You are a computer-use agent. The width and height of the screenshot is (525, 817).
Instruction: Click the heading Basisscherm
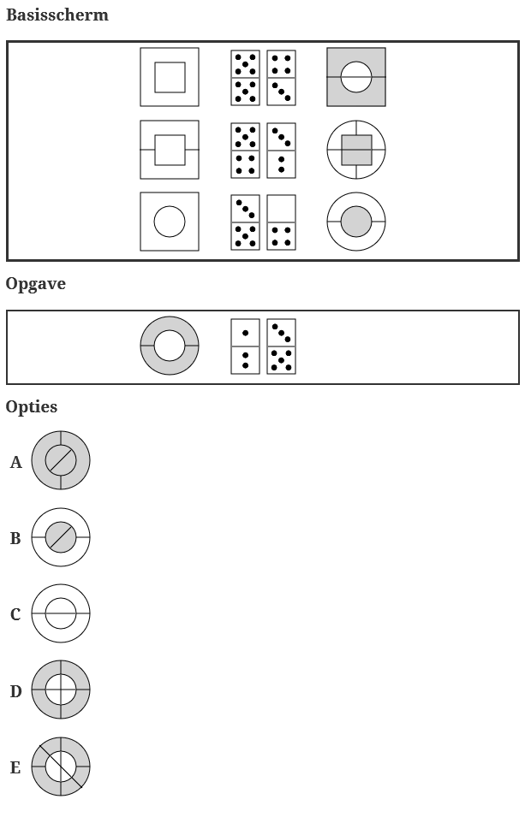click(57, 15)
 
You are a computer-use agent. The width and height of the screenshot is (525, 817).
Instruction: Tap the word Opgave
click(36, 284)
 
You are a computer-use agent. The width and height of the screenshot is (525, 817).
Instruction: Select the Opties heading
click(32, 406)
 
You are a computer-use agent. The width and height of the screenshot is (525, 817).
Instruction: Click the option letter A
click(16, 462)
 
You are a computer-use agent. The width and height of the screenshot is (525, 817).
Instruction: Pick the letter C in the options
click(15, 614)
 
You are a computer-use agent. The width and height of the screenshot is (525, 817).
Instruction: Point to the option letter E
click(15, 767)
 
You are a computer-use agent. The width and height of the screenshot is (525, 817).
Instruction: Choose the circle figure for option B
click(61, 537)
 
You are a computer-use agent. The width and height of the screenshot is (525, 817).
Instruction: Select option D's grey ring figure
click(61, 690)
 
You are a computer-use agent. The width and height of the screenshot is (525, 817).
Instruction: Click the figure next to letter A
click(61, 460)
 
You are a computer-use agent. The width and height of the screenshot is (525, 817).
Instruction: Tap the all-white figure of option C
click(61, 613)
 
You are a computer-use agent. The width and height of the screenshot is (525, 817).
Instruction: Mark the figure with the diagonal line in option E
click(61, 767)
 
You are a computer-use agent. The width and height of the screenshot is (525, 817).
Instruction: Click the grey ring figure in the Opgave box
click(170, 346)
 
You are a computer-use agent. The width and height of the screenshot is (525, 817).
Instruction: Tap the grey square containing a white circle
click(356, 77)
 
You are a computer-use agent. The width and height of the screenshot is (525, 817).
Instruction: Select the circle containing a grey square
click(356, 150)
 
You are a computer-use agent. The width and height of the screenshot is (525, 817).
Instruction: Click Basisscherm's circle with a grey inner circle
click(356, 222)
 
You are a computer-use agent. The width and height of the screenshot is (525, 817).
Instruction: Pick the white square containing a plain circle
click(170, 222)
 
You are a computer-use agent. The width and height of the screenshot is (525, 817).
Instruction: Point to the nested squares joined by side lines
click(170, 150)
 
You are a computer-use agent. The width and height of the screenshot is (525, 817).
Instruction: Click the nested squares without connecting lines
click(170, 77)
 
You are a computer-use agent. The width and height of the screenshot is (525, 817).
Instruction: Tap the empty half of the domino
click(281, 209)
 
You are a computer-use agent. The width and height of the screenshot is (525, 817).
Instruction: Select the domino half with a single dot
click(245, 333)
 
